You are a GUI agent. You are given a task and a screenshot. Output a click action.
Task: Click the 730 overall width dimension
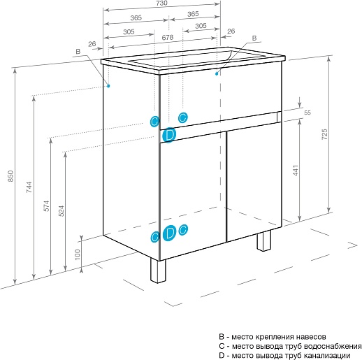pyautogui.click(x=161, y=3)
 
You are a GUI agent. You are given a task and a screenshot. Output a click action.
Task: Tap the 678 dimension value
pyautogui.click(x=168, y=37)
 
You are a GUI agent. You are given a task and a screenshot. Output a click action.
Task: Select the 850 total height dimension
pyautogui.click(x=10, y=176)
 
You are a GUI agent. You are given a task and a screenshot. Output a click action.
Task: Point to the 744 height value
pyautogui.click(x=29, y=187)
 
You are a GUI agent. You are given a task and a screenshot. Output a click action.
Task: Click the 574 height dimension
pyautogui.click(x=47, y=206)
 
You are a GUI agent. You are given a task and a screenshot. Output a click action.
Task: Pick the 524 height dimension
pyautogui.click(x=61, y=211)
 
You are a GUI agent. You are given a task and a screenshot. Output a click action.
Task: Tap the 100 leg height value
pyautogui.click(x=78, y=254)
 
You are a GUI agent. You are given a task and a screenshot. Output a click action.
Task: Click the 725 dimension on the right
pyautogui.click(x=324, y=134)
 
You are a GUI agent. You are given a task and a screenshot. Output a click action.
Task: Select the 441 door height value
pyautogui.click(x=296, y=171)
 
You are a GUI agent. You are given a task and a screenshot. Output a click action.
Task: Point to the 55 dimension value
pyautogui.click(x=307, y=113)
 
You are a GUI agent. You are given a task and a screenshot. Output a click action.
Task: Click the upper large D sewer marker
pyautogui.click(x=169, y=135)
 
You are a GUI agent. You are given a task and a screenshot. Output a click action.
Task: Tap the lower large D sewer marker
pyautogui.click(x=169, y=233)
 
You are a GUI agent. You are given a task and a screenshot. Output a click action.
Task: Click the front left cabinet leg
pyautogui.click(x=158, y=271)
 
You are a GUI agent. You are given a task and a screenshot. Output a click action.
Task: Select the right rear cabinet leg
pyautogui.click(x=264, y=240)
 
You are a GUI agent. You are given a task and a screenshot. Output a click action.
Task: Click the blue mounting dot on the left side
pyautogui.click(x=108, y=86)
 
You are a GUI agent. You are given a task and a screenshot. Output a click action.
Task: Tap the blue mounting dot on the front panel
pyautogui.click(x=217, y=73)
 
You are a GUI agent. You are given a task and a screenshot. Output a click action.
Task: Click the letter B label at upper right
pyautogui.click(x=254, y=38)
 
